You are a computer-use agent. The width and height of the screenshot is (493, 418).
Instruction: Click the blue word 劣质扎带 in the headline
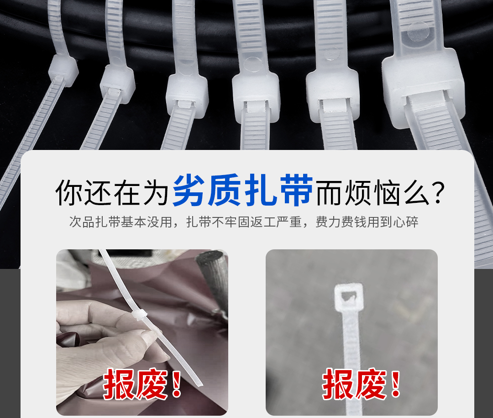242,191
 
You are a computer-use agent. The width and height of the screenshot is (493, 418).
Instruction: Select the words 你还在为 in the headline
112,192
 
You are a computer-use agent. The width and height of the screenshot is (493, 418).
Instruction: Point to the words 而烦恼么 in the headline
372,192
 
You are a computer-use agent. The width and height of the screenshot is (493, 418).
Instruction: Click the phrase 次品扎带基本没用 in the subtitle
121,222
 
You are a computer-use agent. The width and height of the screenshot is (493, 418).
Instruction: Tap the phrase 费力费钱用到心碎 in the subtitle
367,222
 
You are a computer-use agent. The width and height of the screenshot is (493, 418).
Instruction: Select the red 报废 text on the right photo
354,383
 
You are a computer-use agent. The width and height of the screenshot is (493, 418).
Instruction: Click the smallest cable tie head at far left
63,70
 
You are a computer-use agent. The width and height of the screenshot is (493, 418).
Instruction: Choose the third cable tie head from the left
187,95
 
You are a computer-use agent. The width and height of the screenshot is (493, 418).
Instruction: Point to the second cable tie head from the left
118,83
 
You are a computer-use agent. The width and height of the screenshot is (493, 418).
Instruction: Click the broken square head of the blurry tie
349,297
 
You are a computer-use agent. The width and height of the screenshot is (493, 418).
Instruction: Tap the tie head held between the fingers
139,315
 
